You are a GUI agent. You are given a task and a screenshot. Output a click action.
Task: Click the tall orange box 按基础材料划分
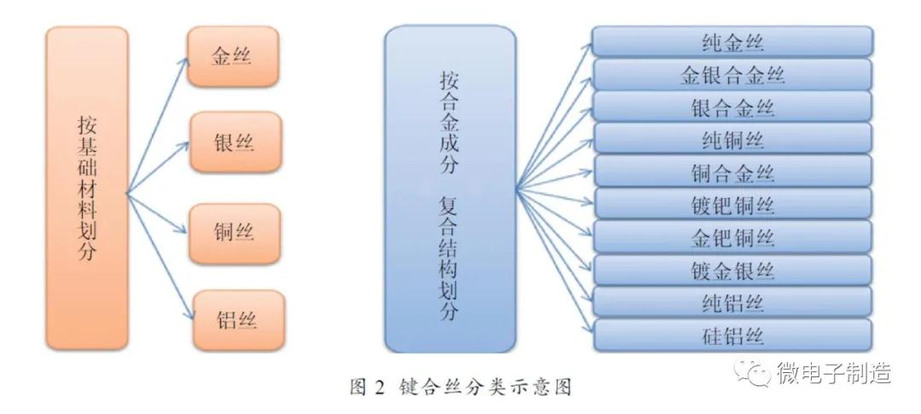point(86,188)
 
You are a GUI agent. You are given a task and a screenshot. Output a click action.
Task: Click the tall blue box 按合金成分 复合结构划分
point(449,188)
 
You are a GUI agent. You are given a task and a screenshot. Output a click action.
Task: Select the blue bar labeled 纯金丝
point(732,42)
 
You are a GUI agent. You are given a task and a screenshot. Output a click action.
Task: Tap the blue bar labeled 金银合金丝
point(732,74)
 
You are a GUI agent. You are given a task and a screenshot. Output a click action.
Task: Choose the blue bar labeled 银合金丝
point(732,107)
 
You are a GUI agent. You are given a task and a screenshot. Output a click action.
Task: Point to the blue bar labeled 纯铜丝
point(732,139)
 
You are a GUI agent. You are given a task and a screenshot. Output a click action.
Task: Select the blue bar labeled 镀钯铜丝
point(732,204)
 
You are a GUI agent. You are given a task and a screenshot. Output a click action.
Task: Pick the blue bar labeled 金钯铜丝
point(732,236)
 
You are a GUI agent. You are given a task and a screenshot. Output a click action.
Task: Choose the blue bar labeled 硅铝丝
point(732,334)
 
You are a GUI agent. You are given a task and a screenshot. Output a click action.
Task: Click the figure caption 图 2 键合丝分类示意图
point(460,388)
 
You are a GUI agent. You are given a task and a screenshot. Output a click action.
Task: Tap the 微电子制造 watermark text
point(833,373)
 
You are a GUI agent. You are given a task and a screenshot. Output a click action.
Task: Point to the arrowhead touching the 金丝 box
point(185,60)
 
